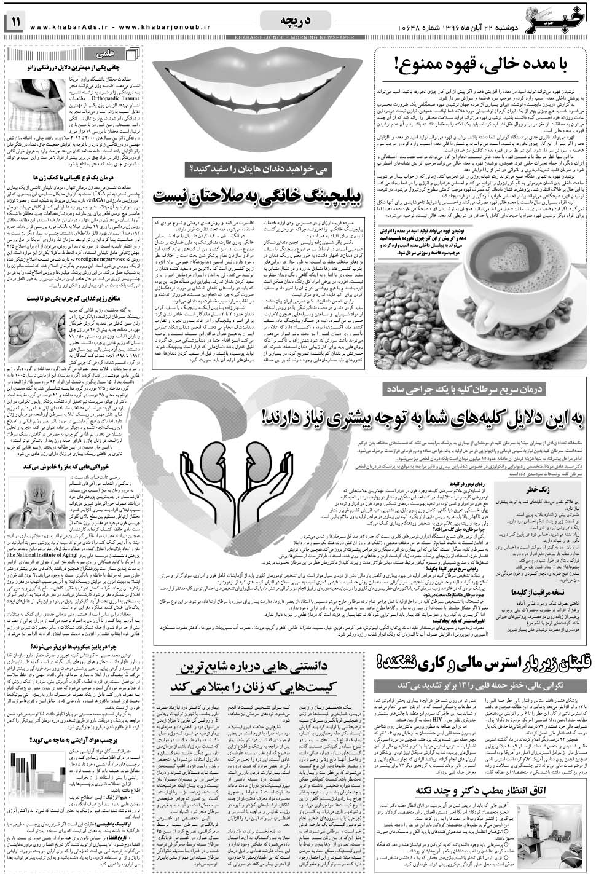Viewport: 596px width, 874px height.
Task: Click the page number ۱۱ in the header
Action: (14, 23)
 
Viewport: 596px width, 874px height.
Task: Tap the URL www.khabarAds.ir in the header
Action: (67, 26)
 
